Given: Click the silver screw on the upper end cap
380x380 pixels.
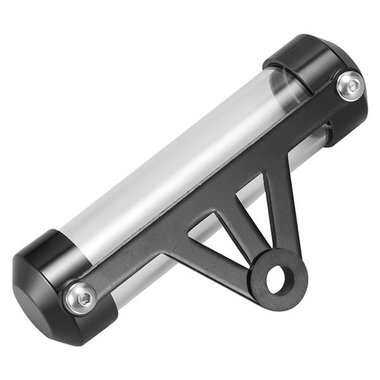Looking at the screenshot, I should coord(350,85).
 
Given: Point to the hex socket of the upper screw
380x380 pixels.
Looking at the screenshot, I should coord(350,84).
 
